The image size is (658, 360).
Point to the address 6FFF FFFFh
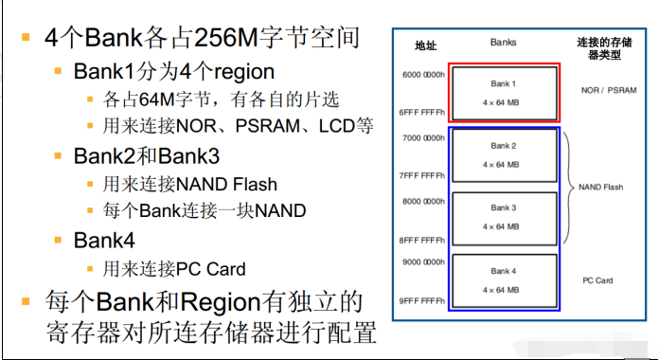[x=421, y=113]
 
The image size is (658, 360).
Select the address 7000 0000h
[x=421, y=138]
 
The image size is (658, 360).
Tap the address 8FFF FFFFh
[x=421, y=240]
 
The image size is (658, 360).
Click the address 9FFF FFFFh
[x=421, y=302]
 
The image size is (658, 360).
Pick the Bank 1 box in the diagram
[x=504, y=92]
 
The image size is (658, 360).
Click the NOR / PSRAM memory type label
[x=609, y=89]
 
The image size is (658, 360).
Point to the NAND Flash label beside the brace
[x=601, y=188]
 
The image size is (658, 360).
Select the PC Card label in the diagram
[x=597, y=280]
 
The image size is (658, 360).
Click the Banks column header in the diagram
[x=504, y=43]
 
